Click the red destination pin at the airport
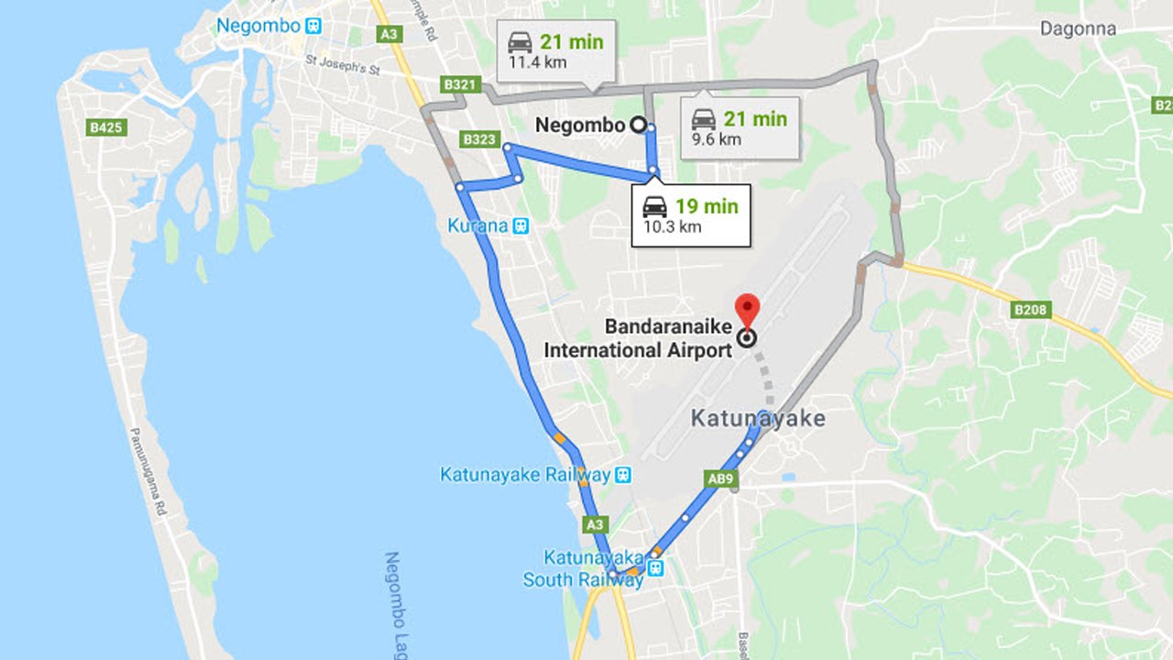click(748, 309)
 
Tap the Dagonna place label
click(1078, 28)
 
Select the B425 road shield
click(106, 127)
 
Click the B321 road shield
click(460, 85)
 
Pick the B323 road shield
click(480, 139)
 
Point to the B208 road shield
click(1030, 310)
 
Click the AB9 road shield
click(720, 478)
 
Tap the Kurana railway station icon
click(521, 225)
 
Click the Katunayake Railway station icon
click(623, 474)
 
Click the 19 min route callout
click(691, 215)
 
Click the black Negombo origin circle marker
click(639, 125)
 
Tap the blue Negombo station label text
click(258, 26)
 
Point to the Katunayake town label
click(757, 419)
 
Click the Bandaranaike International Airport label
click(638, 338)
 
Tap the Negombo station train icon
click(314, 25)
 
